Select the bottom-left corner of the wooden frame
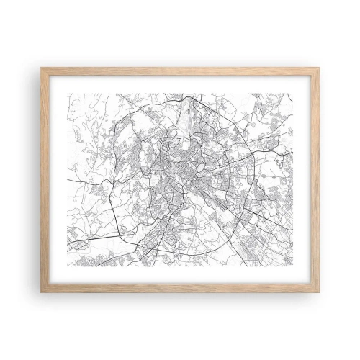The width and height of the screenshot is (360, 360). (x=42, y=291)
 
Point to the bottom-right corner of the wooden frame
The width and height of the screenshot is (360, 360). (x=318, y=291)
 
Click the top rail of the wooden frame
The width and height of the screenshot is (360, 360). (x=180, y=70)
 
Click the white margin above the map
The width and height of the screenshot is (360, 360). (x=180, y=82)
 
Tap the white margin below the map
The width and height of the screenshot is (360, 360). (x=180, y=277)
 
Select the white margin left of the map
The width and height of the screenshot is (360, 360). (x=55, y=180)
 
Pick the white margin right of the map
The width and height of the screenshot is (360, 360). (x=305, y=180)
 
